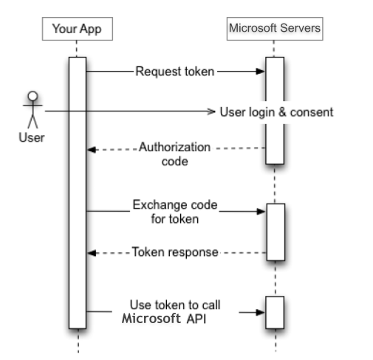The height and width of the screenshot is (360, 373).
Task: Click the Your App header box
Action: (x=78, y=29)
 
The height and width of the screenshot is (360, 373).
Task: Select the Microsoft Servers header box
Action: (x=275, y=29)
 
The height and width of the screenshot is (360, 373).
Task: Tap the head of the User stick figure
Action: (x=32, y=96)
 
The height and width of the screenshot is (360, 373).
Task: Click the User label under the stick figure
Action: (x=32, y=137)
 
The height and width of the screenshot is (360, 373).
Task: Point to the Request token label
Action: (x=175, y=72)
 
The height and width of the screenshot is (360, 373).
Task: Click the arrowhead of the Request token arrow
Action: (x=260, y=72)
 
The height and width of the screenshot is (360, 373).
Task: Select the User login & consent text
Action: (x=276, y=112)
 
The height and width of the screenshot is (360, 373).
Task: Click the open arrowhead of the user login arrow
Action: (x=211, y=111)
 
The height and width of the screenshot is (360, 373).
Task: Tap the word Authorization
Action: (x=174, y=147)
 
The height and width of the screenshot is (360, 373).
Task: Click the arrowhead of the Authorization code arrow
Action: (x=92, y=150)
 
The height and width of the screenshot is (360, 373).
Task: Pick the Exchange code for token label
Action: (x=175, y=212)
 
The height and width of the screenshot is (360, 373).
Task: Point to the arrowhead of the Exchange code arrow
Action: (x=261, y=211)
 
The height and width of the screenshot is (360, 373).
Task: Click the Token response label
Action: (x=175, y=252)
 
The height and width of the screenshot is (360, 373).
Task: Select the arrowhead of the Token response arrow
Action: (x=92, y=253)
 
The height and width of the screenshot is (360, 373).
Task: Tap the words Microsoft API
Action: (x=164, y=319)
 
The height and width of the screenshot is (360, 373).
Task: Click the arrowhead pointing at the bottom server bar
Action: (x=260, y=313)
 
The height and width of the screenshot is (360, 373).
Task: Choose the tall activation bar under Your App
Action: (x=78, y=193)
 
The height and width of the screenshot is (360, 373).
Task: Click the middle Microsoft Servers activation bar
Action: (x=276, y=232)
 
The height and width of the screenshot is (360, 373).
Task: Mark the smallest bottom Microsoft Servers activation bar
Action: (x=275, y=312)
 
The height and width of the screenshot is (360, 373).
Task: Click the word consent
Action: (x=312, y=112)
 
